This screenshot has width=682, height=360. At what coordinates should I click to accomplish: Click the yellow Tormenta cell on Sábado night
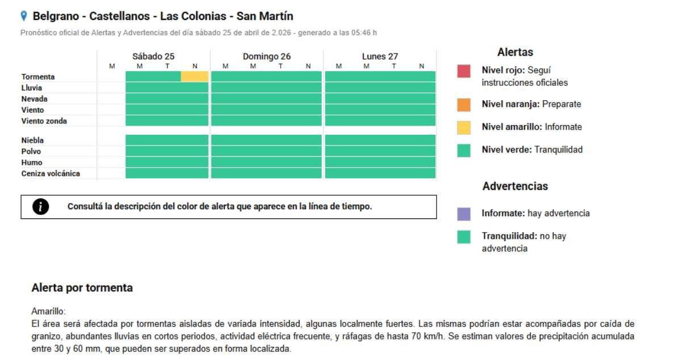(x=195, y=76)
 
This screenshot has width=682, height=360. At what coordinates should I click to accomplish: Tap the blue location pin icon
(x=23, y=15)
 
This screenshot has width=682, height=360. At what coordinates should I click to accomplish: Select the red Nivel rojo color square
(x=464, y=71)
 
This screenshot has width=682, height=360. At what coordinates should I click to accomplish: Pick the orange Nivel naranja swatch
(x=464, y=105)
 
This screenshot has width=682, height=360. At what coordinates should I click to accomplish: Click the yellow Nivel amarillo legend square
(x=464, y=127)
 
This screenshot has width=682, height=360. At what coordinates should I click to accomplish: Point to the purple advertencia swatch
(x=464, y=214)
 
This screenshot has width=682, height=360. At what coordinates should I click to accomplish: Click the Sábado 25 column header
(x=153, y=56)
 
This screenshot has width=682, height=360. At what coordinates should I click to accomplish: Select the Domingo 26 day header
(x=267, y=56)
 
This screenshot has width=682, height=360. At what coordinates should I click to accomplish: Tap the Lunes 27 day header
(x=380, y=56)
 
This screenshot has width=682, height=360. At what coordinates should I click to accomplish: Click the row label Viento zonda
(x=44, y=121)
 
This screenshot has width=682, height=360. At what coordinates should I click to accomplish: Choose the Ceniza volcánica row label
(x=51, y=174)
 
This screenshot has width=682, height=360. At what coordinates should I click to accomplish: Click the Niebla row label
(x=32, y=140)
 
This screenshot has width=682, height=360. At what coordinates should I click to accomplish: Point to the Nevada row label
(x=34, y=99)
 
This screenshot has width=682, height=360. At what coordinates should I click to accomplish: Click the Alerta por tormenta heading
(x=82, y=288)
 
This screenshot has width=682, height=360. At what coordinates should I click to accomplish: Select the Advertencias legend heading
(x=515, y=187)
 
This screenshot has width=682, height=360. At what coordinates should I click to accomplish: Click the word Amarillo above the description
(x=49, y=312)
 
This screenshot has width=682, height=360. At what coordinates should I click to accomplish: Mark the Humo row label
(x=32, y=163)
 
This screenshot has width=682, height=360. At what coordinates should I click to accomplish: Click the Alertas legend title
(x=515, y=52)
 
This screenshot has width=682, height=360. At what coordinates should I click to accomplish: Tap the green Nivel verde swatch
(x=464, y=150)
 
